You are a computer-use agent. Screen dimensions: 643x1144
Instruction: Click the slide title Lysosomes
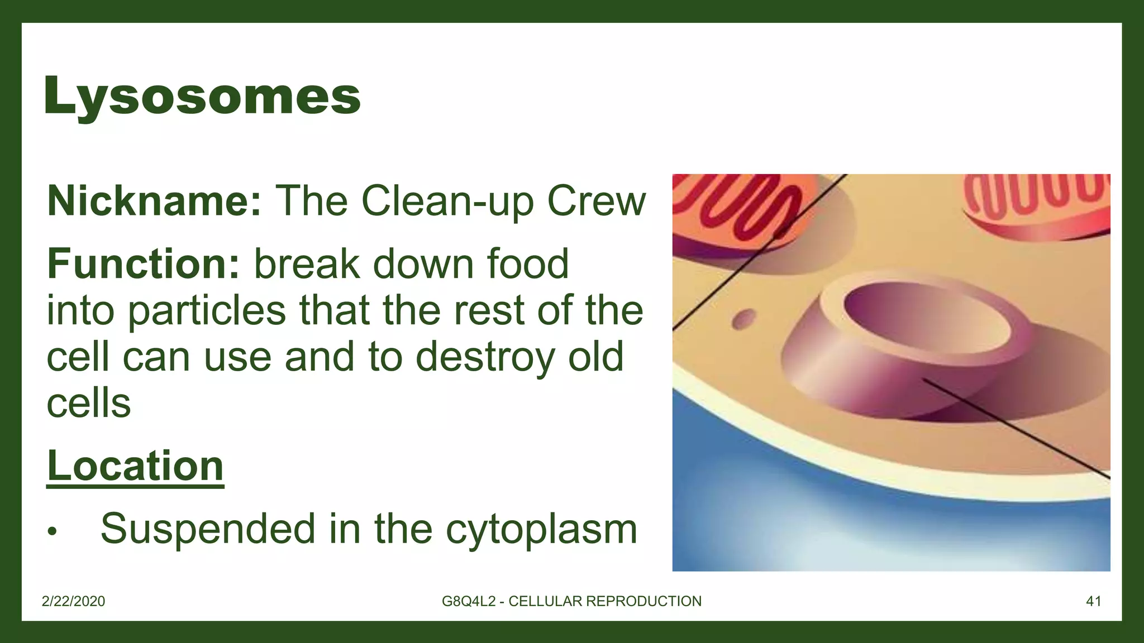tap(202, 96)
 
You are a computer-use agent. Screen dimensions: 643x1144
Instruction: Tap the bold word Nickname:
tap(154, 201)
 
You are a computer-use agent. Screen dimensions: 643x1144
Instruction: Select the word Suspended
tap(208, 529)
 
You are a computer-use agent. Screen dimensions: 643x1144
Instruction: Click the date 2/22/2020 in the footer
tap(74, 601)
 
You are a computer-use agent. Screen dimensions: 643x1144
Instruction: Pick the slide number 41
tap(1093, 601)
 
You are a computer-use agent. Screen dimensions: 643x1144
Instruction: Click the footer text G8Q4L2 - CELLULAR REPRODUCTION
tap(571, 601)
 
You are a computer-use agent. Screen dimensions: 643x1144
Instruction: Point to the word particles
tap(207, 311)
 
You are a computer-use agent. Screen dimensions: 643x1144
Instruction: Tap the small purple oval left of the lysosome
tap(743, 320)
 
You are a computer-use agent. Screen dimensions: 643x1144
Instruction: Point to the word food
tap(527, 264)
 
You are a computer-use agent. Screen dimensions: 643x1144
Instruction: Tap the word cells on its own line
tap(89, 404)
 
